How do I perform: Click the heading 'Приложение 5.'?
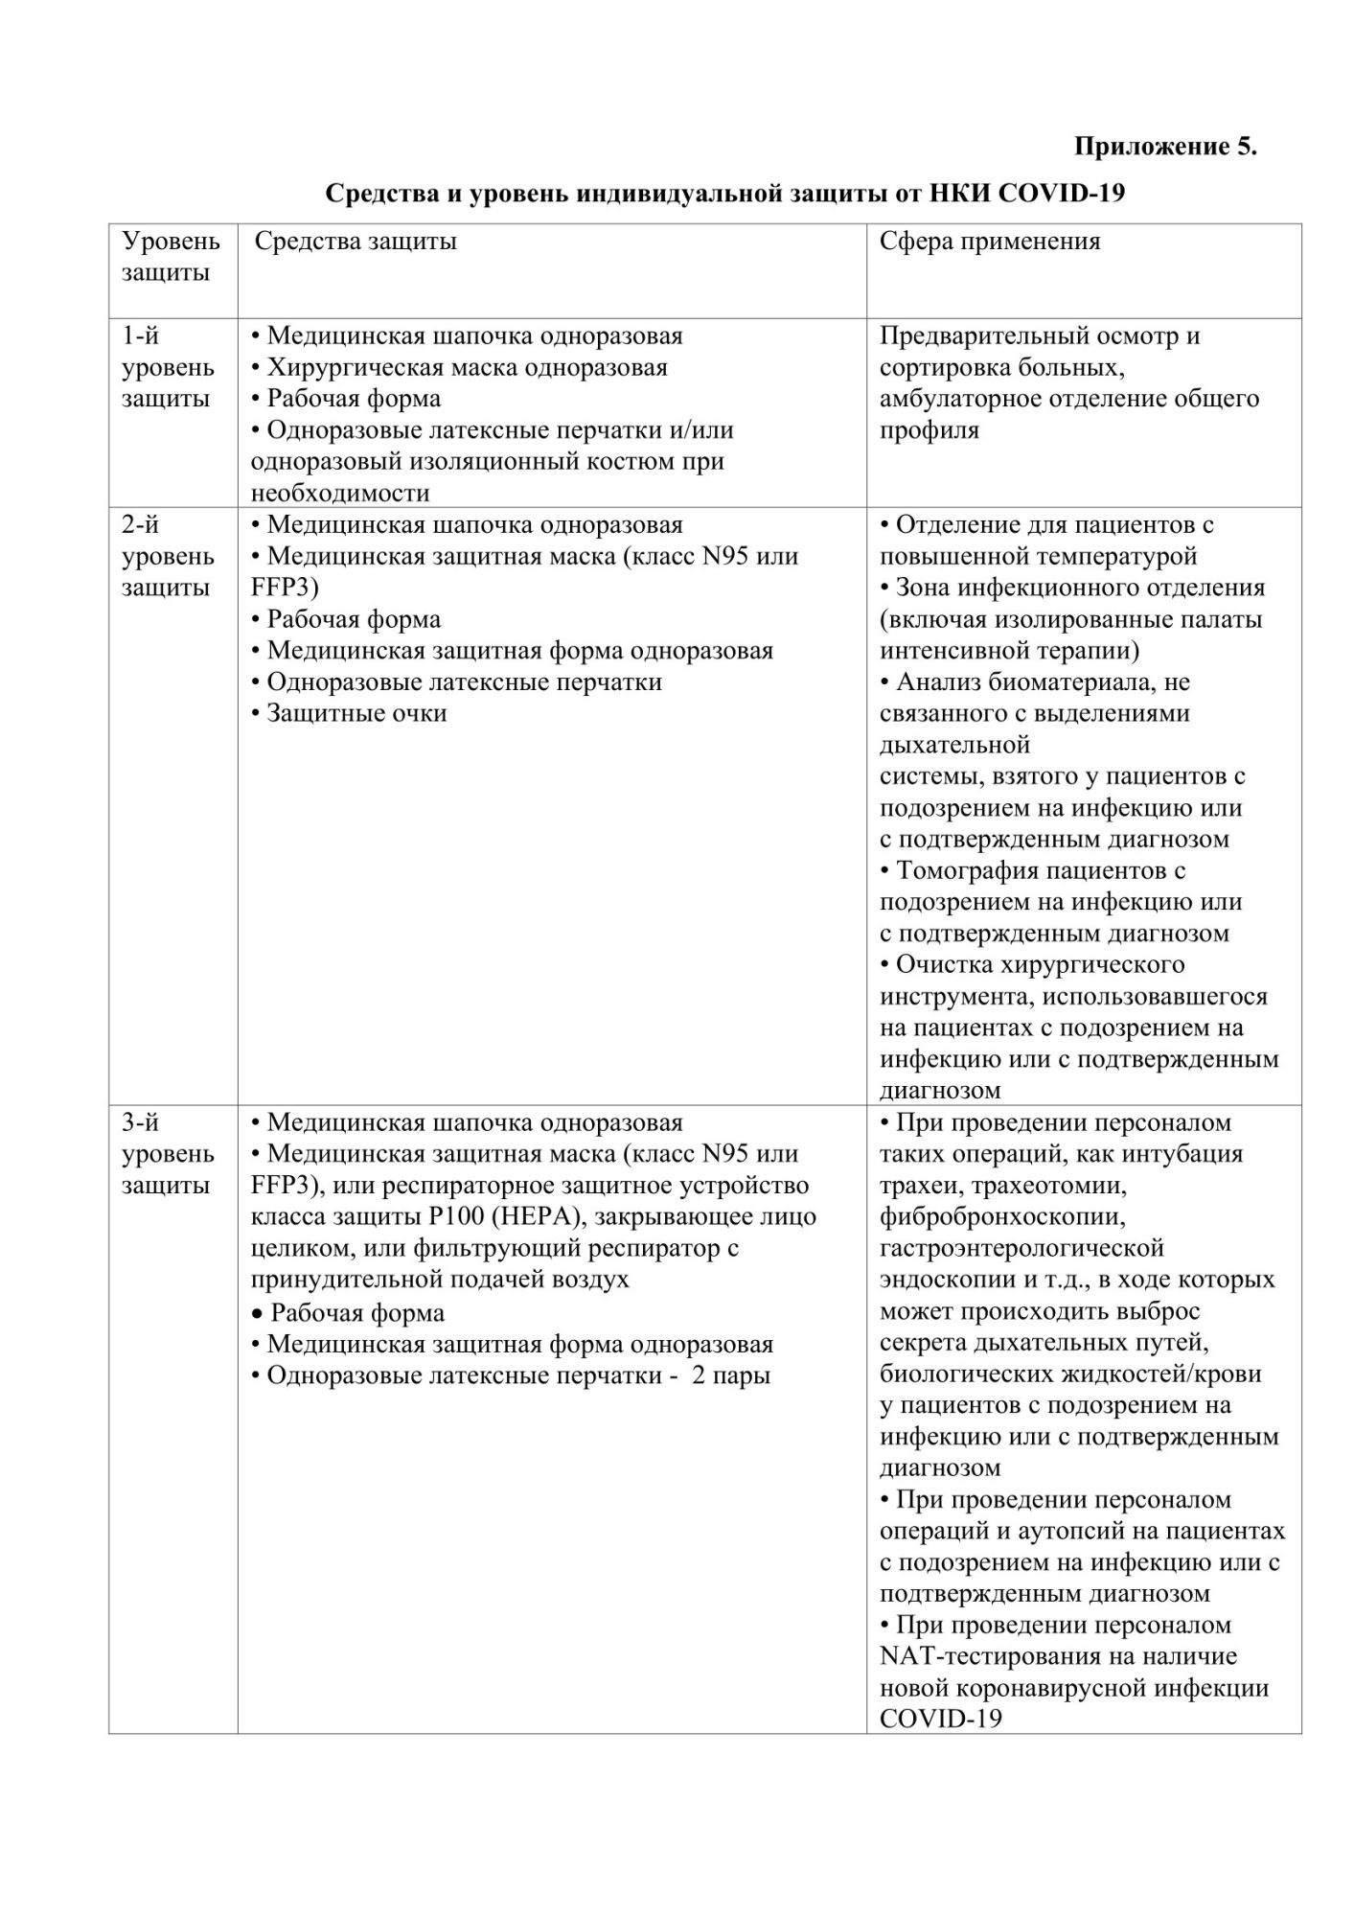point(1164,147)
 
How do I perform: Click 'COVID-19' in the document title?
point(1061,194)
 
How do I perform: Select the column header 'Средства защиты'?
point(355,241)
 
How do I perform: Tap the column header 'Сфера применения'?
point(990,241)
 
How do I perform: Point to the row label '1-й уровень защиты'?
point(168,367)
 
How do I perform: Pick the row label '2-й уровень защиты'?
point(168,556)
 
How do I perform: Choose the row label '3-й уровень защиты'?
point(168,1153)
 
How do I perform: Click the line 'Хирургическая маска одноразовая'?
point(467,367)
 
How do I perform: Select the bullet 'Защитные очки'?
point(356,713)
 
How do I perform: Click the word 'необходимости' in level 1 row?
point(340,493)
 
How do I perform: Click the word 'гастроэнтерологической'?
point(1021,1248)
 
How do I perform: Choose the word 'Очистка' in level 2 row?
point(949,964)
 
